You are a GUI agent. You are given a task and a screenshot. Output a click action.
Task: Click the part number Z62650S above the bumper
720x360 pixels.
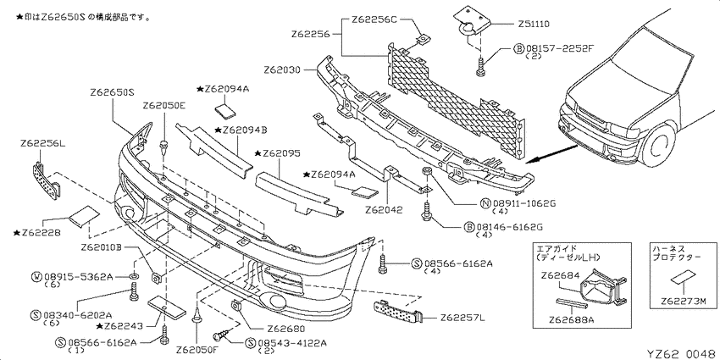[112, 92]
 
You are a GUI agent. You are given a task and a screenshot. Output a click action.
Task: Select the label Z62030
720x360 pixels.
[282, 70]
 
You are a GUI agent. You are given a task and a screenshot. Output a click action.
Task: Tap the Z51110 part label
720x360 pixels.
[534, 24]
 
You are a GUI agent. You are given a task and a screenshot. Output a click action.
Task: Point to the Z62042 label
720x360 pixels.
[384, 211]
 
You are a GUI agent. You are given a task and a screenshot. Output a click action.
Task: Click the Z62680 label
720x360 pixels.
[285, 329]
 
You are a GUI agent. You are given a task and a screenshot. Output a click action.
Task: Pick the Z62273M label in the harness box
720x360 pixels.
[683, 302]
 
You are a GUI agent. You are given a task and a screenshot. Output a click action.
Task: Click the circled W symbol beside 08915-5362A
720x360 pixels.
[36, 276]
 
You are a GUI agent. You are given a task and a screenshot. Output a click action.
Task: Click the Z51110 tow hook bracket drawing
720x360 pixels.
[471, 21]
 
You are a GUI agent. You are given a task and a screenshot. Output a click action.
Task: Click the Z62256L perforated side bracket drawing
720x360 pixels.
[46, 179]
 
